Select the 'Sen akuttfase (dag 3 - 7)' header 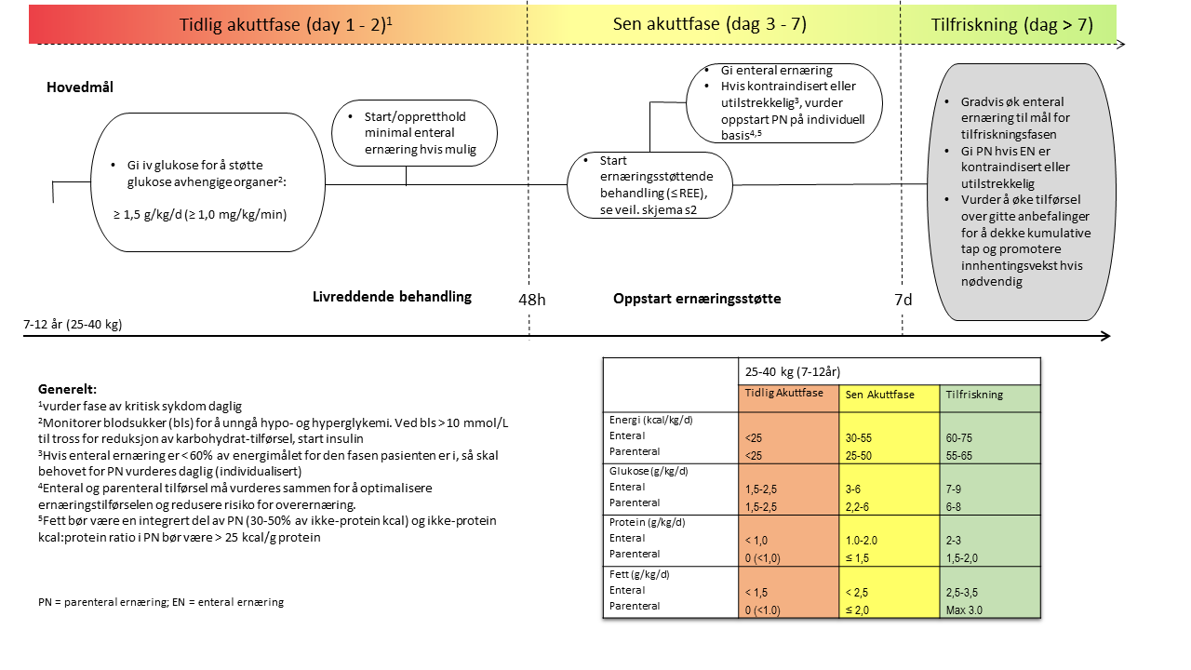[710, 24]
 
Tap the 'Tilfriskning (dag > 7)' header [1011, 24]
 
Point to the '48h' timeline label [531, 299]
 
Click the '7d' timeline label [903, 299]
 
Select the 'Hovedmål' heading [79, 87]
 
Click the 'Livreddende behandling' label [392, 297]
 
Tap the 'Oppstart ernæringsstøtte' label [697, 299]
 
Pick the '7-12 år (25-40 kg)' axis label [74, 325]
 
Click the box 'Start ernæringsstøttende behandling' [649, 185]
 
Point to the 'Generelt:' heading [67, 388]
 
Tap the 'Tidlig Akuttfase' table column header [784, 394]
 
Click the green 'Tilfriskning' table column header [974, 395]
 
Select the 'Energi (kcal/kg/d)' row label [650, 420]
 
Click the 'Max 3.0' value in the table [964, 610]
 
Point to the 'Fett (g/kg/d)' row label [639, 574]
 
